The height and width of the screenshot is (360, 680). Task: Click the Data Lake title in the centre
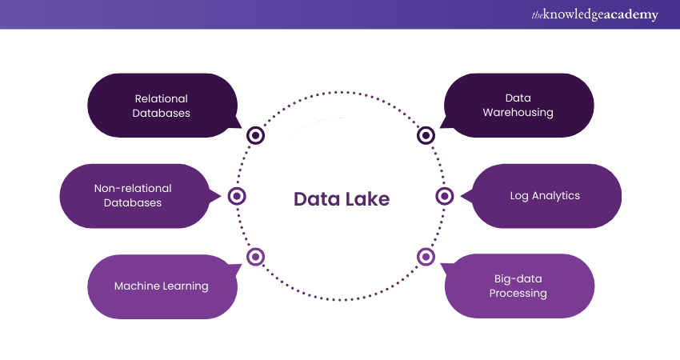pyautogui.click(x=342, y=199)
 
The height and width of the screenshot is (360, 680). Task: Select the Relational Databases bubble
pyautogui.click(x=162, y=106)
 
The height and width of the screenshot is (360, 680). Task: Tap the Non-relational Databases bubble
pyautogui.click(x=133, y=196)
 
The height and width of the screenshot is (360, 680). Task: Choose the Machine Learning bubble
pyautogui.click(x=162, y=286)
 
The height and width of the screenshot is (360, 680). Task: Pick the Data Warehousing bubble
pyautogui.click(x=518, y=106)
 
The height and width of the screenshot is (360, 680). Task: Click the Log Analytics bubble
pyautogui.click(x=546, y=196)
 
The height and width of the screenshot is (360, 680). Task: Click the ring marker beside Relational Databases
pyautogui.click(x=256, y=135)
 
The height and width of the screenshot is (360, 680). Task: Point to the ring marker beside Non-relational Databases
pyautogui.click(x=237, y=196)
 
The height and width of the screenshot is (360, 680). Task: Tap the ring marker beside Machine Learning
pyautogui.click(x=256, y=257)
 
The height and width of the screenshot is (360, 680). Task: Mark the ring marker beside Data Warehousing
pyautogui.click(x=426, y=135)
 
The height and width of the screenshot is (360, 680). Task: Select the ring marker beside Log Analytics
pyautogui.click(x=445, y=196)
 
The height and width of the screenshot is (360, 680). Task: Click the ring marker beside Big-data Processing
pyautogui.click(x=426, y=257)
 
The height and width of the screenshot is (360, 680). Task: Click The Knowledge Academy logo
pyautogui.click(x=594, y=14)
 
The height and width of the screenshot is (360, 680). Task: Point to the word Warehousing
pyautogui.click(x=518, y=113)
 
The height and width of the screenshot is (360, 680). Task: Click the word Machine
pyautogui.click(x=137, y=286)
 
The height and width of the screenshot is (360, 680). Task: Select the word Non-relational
pyautogui.click(x=133, y=189)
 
